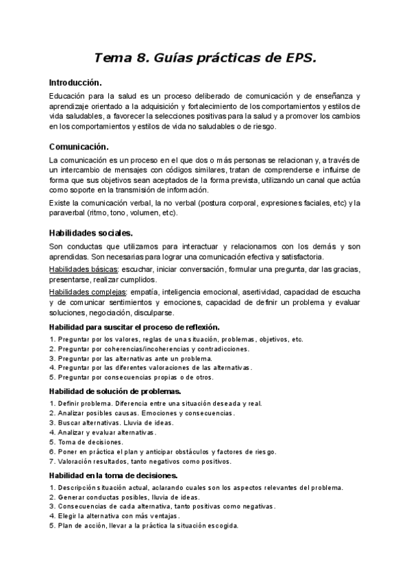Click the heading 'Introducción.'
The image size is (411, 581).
75,82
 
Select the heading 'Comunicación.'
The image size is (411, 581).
79,147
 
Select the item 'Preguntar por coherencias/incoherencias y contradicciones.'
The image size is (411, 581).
153,349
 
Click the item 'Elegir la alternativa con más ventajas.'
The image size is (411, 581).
119,516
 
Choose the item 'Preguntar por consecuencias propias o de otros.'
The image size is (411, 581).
136,377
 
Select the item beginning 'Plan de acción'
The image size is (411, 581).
148,526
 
